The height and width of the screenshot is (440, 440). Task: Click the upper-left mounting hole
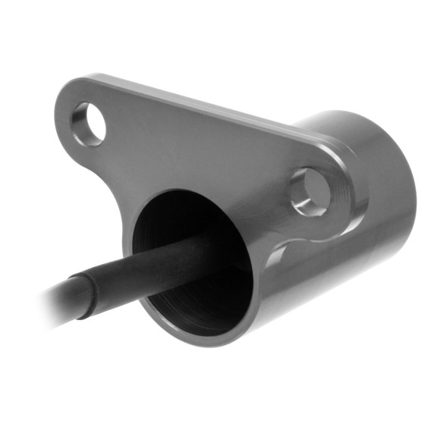coord(89,124)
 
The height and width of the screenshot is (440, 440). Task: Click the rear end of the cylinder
coord(394,190)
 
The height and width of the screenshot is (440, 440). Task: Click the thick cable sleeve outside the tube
coord(121,277)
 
